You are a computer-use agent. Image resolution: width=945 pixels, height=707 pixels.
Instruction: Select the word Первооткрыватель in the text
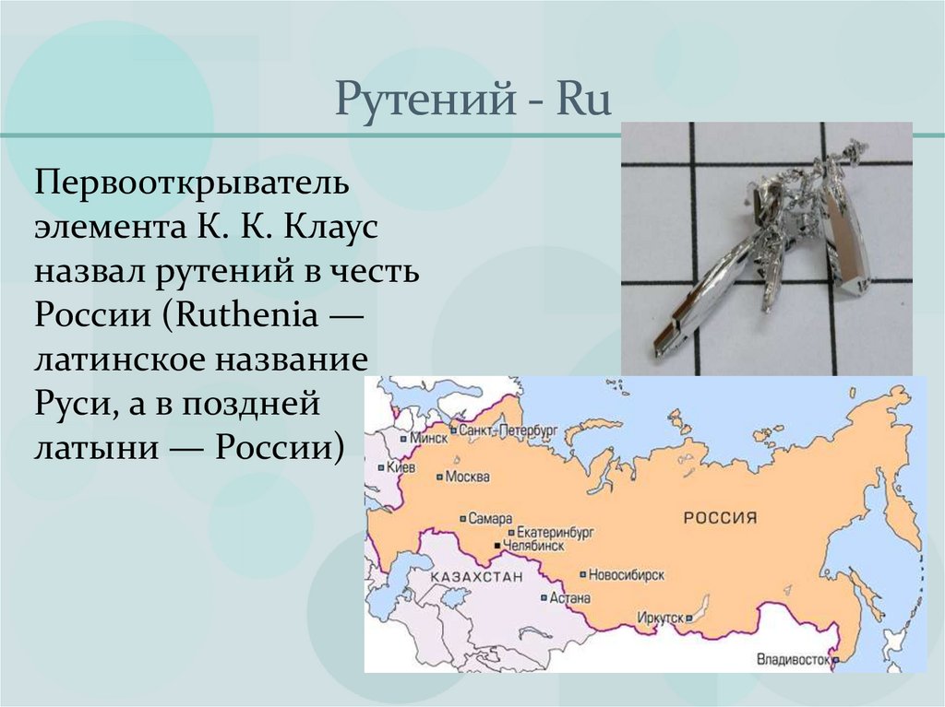[193, 182]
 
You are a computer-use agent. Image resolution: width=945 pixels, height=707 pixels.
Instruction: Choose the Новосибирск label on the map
[627, 574]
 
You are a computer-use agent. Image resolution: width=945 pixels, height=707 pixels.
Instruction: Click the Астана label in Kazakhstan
[569, 597]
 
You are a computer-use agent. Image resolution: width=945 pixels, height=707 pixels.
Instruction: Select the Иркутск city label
[660, 617]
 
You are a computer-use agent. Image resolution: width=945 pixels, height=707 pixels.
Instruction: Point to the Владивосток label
[793, 660]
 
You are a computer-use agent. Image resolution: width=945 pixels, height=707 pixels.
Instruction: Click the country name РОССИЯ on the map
[719, 517]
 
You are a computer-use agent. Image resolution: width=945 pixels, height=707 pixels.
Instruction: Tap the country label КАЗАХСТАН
[476, 576]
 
